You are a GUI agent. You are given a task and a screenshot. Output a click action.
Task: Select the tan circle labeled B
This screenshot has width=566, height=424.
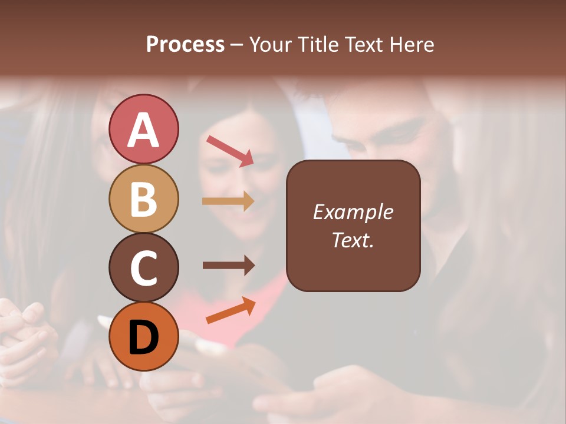144,199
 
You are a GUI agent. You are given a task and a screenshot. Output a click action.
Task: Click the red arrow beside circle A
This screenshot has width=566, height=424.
230,151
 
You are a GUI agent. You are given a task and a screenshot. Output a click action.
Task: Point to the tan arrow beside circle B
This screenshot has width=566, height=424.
228,201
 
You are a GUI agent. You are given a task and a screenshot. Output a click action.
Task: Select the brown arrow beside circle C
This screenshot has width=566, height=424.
228,266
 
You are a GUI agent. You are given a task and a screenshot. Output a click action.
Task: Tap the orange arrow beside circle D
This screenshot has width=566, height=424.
231,310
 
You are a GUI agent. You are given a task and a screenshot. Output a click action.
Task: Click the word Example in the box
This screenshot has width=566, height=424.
353,212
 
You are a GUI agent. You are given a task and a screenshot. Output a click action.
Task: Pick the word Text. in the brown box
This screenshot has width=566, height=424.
353,240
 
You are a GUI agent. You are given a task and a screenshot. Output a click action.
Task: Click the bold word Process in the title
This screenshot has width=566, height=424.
185,44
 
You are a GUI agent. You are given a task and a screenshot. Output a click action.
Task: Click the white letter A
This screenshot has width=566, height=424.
144,131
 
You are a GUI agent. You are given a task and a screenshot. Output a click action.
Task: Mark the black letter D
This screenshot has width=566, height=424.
144,339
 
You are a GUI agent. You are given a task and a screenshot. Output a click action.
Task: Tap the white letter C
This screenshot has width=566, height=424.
144,268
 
